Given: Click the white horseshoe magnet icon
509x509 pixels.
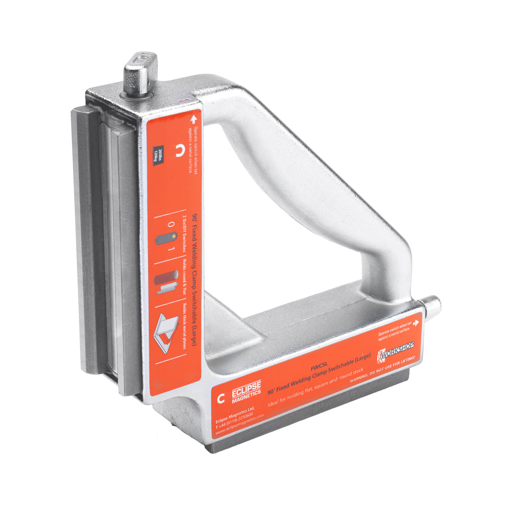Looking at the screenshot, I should click(179, 151).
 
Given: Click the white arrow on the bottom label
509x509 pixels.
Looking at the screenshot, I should click(416, 322).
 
